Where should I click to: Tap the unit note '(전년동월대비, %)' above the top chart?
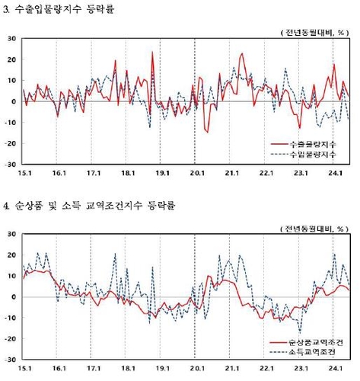[x=313, y=30]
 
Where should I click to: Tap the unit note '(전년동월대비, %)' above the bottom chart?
[x=313, y=226]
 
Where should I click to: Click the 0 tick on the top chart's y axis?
[x=13, y=101]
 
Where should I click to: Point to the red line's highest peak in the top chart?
[x=152, y=52]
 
